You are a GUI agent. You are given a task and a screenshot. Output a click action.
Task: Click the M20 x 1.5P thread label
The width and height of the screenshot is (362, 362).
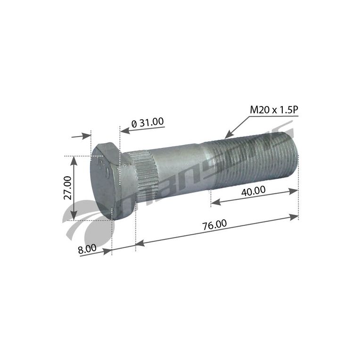point(274,110)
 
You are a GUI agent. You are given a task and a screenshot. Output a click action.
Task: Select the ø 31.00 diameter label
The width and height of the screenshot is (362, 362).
point(148,123)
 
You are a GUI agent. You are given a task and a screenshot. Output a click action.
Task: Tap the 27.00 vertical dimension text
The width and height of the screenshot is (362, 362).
point(68,188)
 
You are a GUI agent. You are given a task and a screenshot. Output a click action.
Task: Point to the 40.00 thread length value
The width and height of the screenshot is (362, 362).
point(253,191)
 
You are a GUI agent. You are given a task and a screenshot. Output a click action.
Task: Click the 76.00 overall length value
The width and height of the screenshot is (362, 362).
point(214,224)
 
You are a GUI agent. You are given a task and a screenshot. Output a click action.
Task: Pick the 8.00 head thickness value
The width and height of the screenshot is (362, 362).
point(87,249)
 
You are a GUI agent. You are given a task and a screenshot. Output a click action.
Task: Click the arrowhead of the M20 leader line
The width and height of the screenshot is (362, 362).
point(229,135)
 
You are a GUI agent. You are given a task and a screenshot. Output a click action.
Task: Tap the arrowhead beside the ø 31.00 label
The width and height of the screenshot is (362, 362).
point(124,131)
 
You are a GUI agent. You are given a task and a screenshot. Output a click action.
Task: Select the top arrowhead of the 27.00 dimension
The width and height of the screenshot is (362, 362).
point(74,160)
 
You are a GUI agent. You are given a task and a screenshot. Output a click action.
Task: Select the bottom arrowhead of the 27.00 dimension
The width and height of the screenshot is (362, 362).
point(74,215)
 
